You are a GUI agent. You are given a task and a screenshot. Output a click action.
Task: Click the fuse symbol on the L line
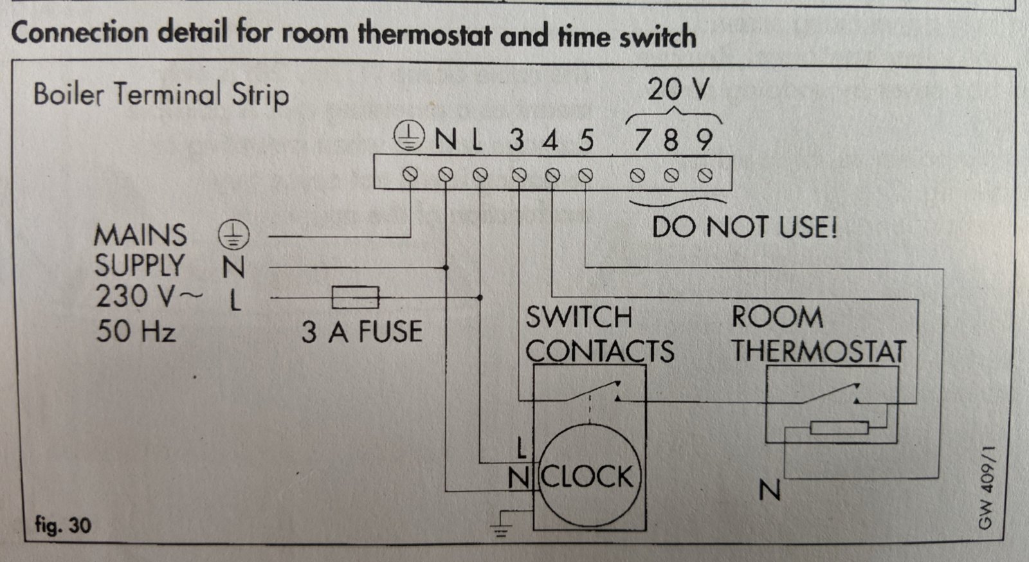356,298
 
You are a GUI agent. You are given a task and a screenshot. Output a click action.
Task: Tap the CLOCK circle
589,475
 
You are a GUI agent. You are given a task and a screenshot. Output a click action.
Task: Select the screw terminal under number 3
519,175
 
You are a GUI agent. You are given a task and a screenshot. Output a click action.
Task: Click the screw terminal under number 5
585,175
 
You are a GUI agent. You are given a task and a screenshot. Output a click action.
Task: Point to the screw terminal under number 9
705,175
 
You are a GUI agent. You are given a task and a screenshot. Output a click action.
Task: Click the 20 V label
678,89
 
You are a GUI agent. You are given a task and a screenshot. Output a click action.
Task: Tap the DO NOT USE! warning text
745,227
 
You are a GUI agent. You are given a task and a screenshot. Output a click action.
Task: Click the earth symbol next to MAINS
233,235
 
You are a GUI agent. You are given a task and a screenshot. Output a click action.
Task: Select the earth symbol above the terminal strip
409,136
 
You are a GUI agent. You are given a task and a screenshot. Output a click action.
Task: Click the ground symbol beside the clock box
502,523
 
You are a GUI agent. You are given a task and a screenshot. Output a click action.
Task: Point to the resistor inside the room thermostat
839,428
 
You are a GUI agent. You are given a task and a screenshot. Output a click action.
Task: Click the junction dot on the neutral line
446,267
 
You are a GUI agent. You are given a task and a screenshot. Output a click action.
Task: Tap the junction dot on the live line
480,298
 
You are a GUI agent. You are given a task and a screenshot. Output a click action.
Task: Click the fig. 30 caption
64,525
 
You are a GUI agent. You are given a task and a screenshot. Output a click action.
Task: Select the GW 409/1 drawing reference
987,487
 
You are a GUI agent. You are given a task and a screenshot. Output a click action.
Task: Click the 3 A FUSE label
362,332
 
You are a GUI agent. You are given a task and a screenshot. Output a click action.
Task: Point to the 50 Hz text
136,331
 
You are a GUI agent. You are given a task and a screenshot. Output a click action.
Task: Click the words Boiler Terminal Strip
161,95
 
